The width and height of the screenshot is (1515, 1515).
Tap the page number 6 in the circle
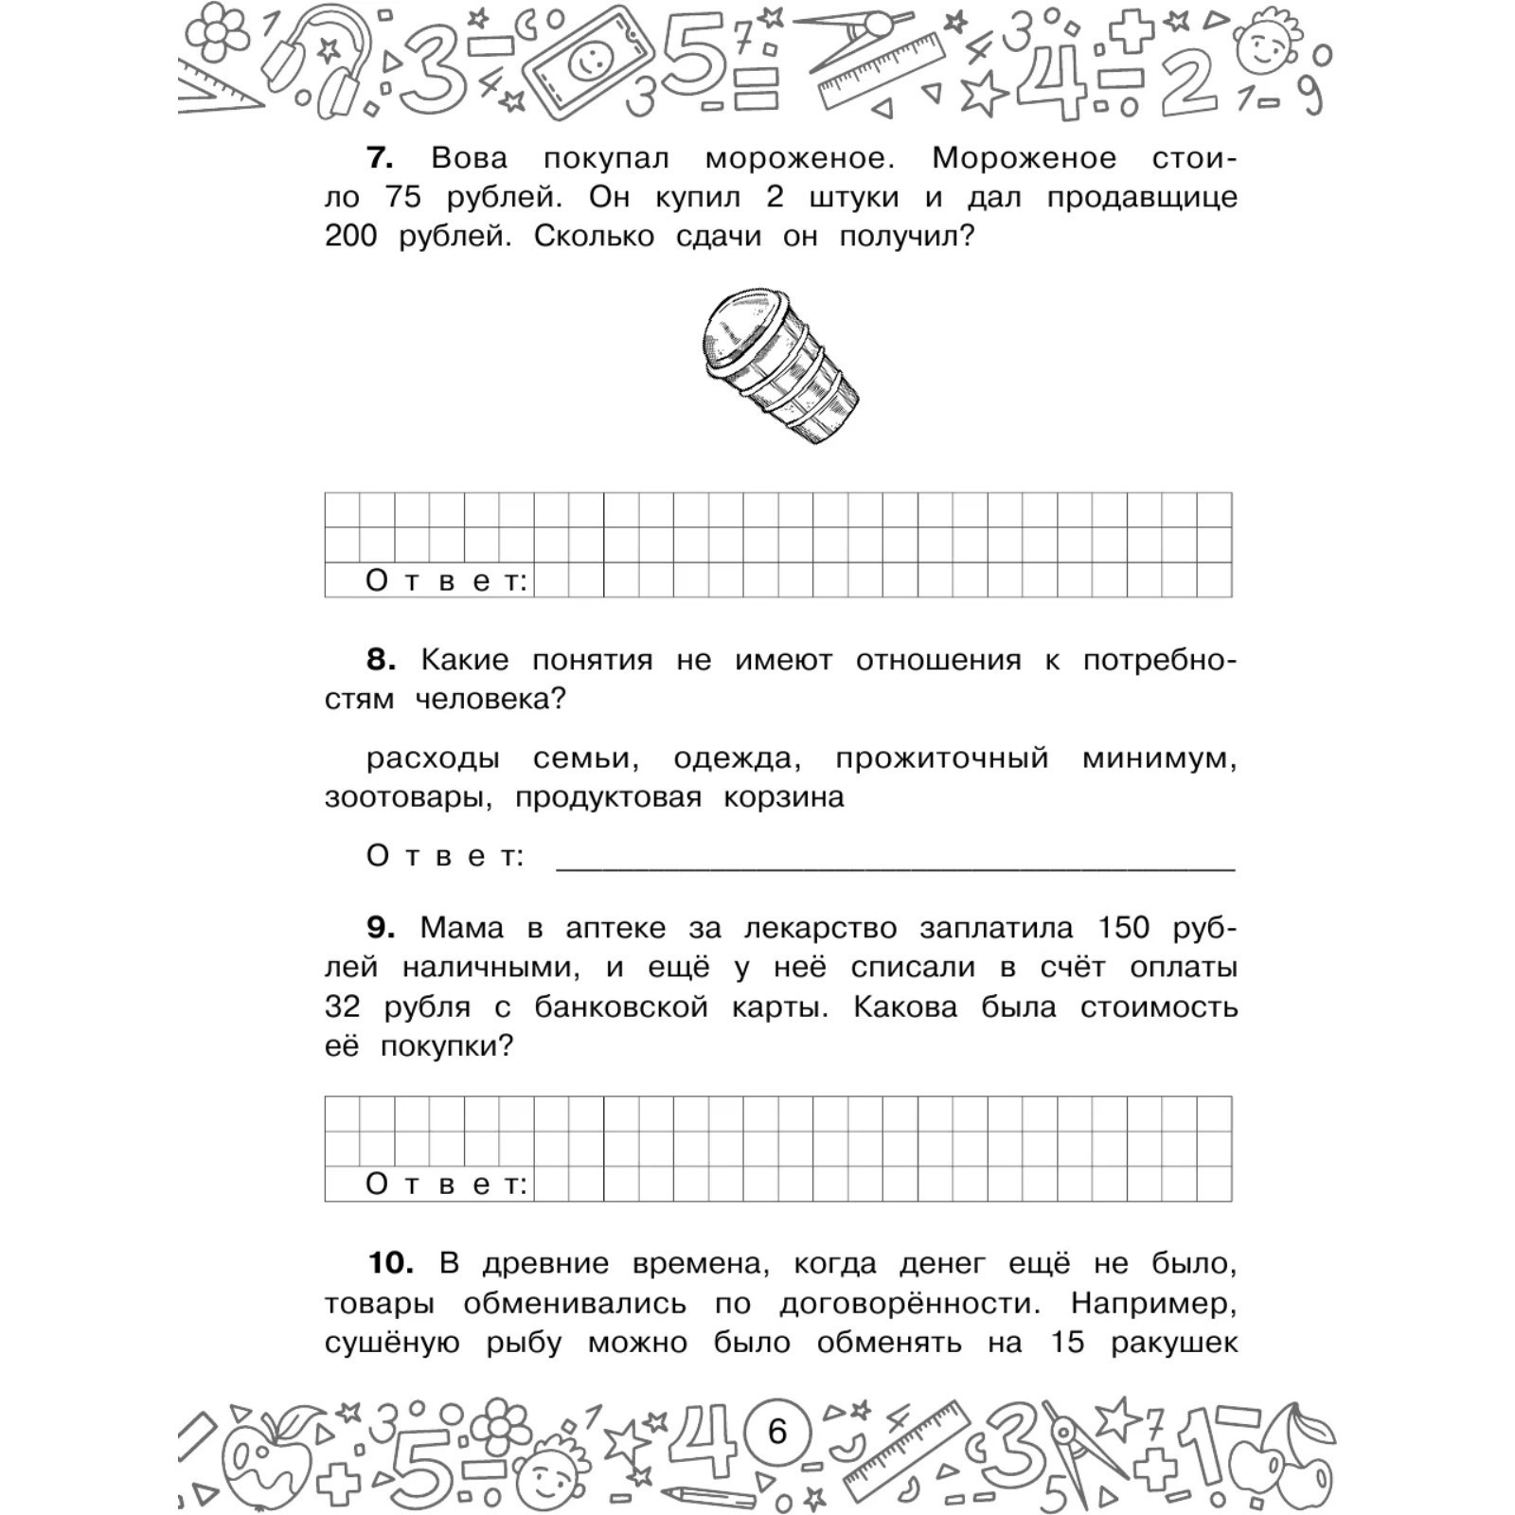776,1431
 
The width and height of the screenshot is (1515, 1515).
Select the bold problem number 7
380,157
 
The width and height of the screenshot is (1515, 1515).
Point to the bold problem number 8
381,659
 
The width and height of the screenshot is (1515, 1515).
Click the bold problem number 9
381,927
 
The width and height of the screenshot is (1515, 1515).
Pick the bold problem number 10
391,1262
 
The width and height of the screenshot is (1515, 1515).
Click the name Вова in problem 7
469,157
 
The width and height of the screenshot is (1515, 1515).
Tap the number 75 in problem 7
403,197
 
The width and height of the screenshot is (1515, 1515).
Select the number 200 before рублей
350,236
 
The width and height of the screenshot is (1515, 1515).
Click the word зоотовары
408,797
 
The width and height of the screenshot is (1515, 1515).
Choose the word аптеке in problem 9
615,928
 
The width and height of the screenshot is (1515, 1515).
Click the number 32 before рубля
342,1007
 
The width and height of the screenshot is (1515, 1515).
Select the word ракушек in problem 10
1174,1342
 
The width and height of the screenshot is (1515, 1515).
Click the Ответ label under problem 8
445,856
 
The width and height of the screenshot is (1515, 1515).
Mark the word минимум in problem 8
1159,757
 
